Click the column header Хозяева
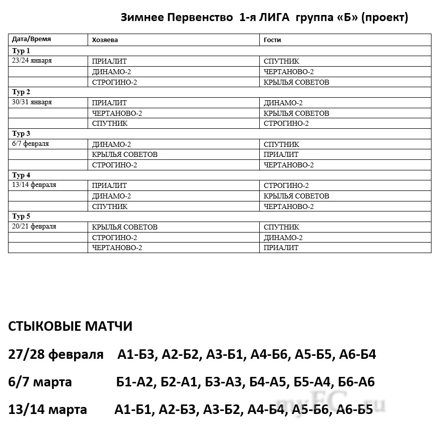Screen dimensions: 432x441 [105, 40]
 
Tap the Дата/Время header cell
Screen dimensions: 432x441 [32, 39]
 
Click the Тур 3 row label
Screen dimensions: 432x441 [22, 133]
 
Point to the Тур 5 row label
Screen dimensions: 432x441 [22, 217]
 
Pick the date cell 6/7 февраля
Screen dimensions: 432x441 [31, 143]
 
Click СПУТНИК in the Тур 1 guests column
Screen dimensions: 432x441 [281, 61]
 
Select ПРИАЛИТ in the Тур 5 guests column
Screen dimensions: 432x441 [281, 248]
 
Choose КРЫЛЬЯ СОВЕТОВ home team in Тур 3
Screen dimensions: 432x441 [125, 154]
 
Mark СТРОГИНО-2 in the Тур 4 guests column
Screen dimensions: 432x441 [286, 185]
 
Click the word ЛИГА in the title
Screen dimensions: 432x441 [272, 18]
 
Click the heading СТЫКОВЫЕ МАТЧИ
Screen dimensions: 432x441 [71, 327]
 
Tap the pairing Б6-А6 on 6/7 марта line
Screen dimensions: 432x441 [356, 382]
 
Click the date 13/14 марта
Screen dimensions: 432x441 [48, 410]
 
